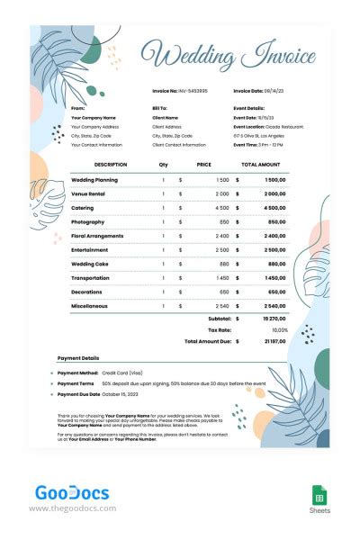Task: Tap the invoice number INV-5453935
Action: (x=194, y=91)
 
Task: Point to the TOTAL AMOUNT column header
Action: (x=261, y=165)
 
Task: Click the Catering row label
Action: (x=83, y=208)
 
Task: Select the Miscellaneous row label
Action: (x=89, y=306)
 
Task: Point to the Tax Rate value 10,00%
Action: (x=278, y=330)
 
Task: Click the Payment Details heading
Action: (x=78, y=357)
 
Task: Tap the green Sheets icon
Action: (x=319, y=495)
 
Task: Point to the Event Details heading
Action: (x=250, y=108)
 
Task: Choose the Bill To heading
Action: (x=162, y=108)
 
